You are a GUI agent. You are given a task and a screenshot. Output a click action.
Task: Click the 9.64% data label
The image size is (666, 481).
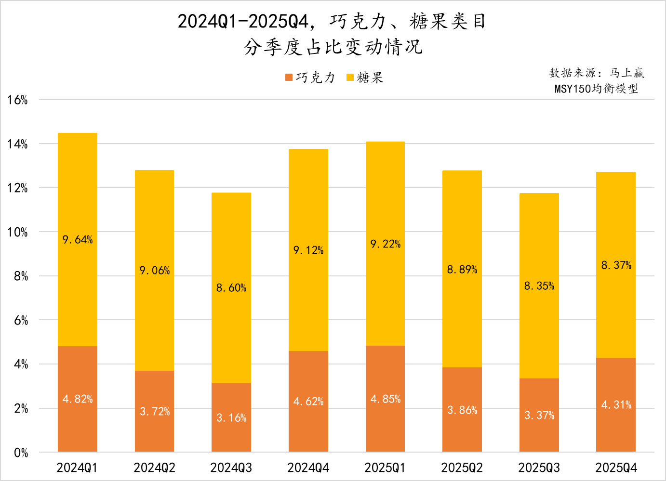(x=78, y=240)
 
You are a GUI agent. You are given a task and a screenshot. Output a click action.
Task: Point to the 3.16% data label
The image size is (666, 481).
(x=231, y=418)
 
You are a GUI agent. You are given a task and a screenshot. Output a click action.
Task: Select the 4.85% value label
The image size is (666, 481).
(x=386, y=399)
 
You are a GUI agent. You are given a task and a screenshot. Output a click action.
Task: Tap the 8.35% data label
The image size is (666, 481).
(x=539, y=286)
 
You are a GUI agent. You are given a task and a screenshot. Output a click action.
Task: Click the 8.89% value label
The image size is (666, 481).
(x=462, y=270)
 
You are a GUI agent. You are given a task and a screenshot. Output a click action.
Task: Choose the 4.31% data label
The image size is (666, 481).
(x=616, y=405)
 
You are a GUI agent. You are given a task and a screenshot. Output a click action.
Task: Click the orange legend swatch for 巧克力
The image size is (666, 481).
(x=289, y=78)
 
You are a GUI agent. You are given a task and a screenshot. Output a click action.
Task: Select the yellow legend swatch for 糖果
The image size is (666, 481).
(x=350, y=78)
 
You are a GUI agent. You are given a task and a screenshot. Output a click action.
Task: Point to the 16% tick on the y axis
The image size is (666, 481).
(x=18, y=100)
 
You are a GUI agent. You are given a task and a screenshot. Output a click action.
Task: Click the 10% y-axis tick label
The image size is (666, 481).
(x=18, y=233)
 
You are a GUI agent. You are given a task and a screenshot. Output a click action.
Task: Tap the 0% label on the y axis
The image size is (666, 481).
(x=21, y=453)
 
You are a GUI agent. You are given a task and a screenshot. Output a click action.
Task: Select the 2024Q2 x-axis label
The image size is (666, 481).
(x=154, y=468)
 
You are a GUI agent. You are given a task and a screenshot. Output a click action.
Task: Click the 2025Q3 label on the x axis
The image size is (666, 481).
(x=539, y=468)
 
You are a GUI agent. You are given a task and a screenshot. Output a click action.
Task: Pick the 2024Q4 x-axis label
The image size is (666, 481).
(x=308, y=468)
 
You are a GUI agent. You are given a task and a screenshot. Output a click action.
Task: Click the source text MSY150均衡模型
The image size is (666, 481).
(x=596, y=89)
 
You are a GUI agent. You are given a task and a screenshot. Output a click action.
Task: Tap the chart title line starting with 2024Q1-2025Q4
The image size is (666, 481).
(x=333, y=22)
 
